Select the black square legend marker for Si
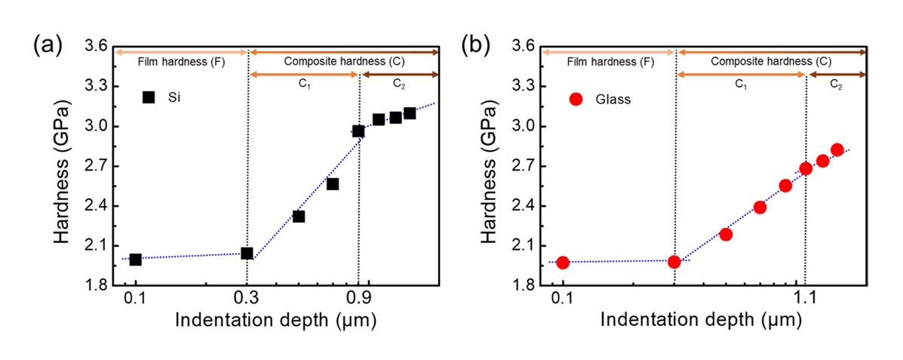coord(149,97)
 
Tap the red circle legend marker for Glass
coord(576,99)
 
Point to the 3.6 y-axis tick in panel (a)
coord(94,47)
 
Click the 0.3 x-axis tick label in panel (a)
coord(247,298)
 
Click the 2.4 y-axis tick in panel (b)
coord(521,206)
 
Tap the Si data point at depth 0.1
coord(136,260)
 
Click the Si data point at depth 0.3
coord(247,253)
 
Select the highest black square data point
coord(410,113)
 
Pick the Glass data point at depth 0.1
coord(562,263)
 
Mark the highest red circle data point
coord(837,149)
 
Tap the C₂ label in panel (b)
coord(837,85)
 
